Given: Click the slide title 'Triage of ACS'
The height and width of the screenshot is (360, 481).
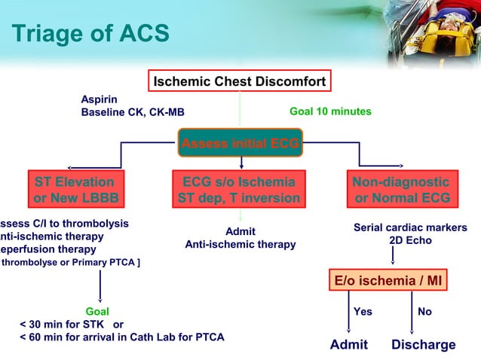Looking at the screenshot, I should (90, 33).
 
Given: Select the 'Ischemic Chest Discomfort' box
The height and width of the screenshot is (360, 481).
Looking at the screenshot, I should (240, 81).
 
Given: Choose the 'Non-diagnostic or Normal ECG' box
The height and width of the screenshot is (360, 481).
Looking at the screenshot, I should (402, 190).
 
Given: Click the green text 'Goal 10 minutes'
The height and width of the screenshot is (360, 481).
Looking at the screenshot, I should (330, 111).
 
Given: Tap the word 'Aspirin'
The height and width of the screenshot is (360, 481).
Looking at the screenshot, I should (99, 99).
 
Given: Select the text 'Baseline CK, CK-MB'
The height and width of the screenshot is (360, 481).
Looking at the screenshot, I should (132, 112).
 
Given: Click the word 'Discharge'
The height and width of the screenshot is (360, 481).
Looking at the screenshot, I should (423, 345).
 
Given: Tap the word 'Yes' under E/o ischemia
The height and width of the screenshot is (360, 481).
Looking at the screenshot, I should (363, 311).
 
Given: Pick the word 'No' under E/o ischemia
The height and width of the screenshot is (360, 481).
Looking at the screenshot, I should (424, 311).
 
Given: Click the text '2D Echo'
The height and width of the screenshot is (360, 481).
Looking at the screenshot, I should (410, 241).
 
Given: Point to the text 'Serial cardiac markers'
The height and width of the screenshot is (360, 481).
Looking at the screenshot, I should (410, 227).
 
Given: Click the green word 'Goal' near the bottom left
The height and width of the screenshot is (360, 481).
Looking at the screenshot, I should (97, 311).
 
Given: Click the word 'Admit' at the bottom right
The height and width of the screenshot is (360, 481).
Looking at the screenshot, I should (349, 345).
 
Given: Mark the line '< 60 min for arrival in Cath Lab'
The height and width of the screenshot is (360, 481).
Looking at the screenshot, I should (121, 337).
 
